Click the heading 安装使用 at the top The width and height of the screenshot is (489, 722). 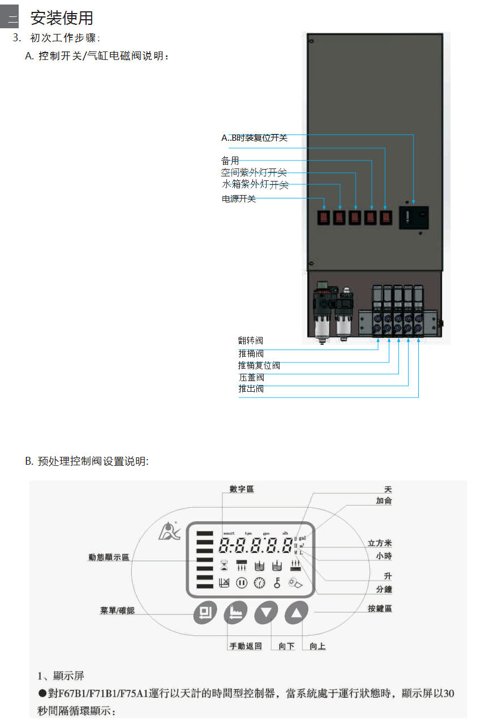click(x=62, y=18)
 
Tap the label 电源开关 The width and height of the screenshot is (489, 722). click(x=238, y=199)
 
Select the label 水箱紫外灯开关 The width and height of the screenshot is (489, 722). click(x=255, y=185)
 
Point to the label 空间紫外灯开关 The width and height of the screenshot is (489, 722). click(x=254, y=173)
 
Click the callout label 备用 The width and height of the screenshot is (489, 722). click(x=230, y=161)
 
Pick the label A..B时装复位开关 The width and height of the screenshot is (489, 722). click(x=254, y=138)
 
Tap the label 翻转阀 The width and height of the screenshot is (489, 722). click(x=250, y=341)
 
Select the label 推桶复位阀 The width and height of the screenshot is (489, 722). click(x=259, y=366)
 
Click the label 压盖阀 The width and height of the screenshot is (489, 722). click(x=251, y=378)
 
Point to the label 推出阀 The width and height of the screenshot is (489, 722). click(x=251, y=389)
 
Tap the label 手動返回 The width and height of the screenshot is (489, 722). click(x=245, y=646)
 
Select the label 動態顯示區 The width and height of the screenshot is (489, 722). click(x=109, y=557)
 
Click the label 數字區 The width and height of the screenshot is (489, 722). click(x=242, y=489)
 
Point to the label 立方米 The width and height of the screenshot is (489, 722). click(x=380, y=543)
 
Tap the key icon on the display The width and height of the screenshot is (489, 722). click(x=277, y=583)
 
